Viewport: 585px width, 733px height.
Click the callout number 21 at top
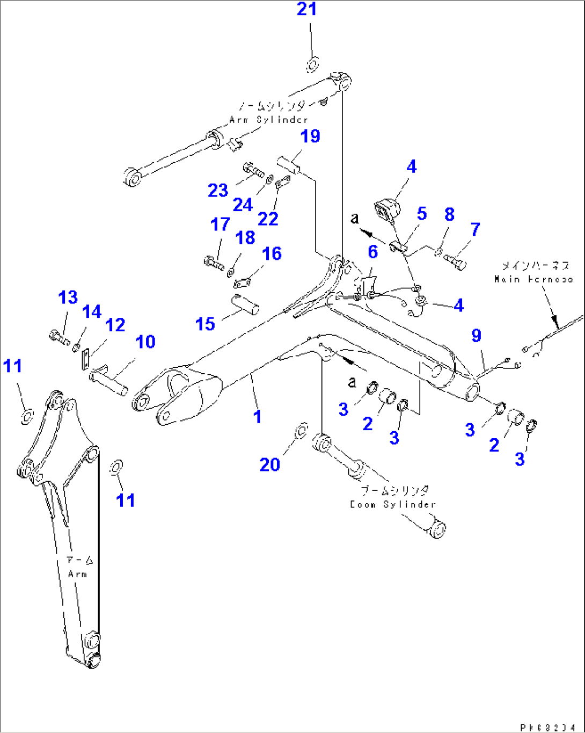307,9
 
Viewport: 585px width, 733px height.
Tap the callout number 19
310,136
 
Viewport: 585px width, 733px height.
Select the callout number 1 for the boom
258,416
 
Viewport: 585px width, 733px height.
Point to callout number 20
270,465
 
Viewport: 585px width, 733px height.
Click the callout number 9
476,336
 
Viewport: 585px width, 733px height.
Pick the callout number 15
205,324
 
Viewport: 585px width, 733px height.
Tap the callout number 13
68,297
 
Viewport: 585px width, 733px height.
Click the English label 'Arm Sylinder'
268,120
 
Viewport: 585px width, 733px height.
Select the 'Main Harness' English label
533,279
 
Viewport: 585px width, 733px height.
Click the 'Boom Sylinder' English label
392,505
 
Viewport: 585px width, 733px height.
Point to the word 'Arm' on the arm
77,574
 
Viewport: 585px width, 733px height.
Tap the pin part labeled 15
246,304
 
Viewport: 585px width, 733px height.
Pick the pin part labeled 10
110,379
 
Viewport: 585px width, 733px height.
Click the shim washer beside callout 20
302,429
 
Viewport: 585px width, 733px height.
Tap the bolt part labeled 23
253,171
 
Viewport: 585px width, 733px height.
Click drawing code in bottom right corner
551,727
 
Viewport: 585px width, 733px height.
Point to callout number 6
372,251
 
